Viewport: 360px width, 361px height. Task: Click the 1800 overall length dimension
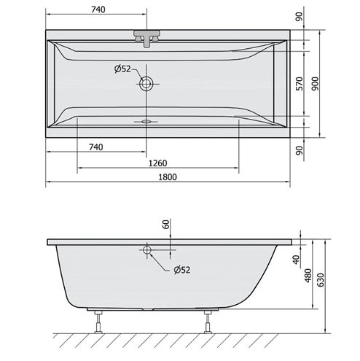(x=168, y=177)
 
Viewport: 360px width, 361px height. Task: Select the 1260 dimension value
(x=157, y=163)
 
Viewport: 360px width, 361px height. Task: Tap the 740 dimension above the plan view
(x=98, y=9)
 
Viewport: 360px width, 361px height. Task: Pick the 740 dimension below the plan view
(x=95, y=147)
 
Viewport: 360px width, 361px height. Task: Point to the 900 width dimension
(x=315, y=84)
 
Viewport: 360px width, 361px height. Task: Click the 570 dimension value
(x=300, y=84)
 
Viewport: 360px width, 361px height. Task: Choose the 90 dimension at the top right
(x=300, y=17)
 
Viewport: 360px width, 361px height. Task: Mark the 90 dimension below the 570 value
(x=300, y=150)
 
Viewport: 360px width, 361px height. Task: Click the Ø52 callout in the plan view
(x=122, y=69)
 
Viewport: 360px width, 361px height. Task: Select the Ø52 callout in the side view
(x=182, y=270)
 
